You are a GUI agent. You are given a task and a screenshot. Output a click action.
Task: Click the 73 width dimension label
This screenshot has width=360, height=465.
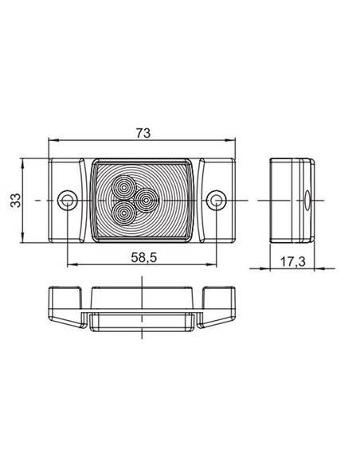143,133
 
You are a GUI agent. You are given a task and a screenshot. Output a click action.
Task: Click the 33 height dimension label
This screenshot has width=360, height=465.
15,200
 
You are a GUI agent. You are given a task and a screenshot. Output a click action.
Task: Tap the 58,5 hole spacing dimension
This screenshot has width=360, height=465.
144,257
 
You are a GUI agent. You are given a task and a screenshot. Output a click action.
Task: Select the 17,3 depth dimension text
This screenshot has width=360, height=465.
292,261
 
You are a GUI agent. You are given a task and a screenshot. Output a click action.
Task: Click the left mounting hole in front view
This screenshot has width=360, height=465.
68,201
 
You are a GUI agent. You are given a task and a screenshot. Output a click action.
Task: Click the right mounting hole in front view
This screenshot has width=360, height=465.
217,201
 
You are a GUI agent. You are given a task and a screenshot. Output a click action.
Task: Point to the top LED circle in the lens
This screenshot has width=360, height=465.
124,187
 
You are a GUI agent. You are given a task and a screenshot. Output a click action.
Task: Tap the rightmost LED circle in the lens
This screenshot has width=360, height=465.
146,201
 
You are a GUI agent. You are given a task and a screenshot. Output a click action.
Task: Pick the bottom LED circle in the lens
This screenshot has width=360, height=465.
124,213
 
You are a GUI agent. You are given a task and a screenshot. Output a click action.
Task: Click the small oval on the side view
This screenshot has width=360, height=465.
307,200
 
